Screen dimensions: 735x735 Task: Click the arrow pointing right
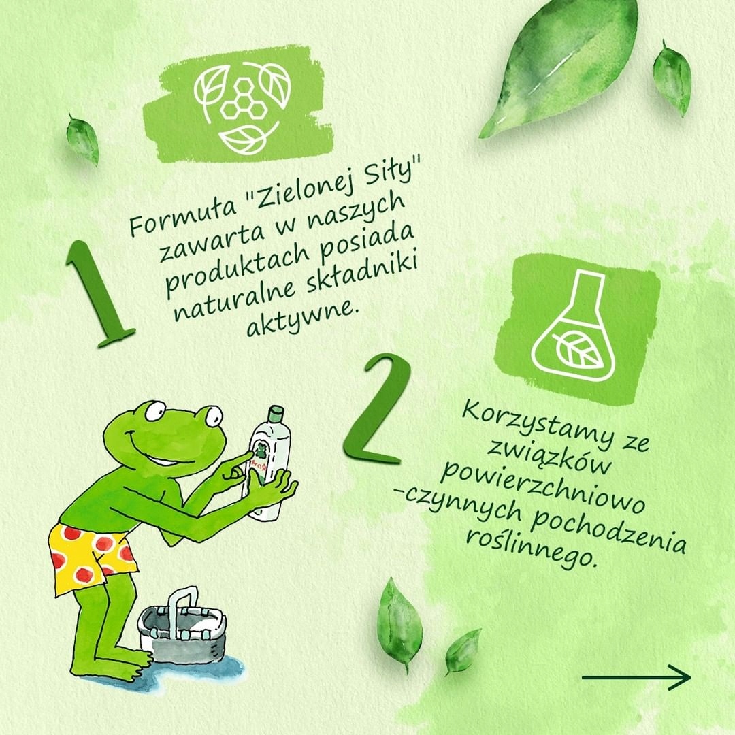[636, 676]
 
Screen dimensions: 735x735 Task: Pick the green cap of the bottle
[276, 414]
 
